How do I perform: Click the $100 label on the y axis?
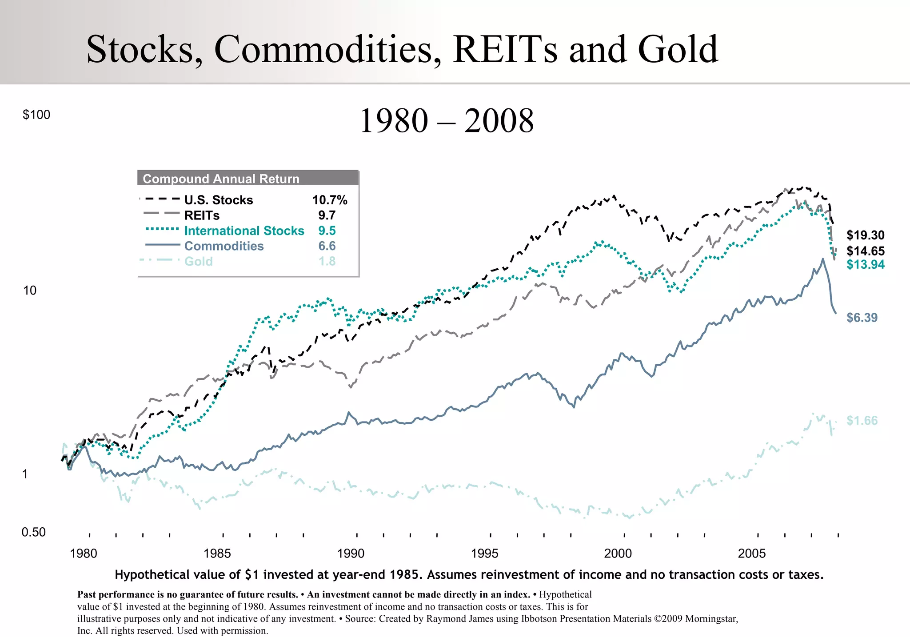point(36,115)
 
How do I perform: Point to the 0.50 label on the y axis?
point(33,532)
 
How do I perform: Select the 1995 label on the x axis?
point(484,553)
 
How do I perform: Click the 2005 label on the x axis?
point(752,553)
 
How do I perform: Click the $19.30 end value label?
point(865,235)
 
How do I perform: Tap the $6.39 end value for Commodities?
point(862,318)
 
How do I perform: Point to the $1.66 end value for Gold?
point(862,420)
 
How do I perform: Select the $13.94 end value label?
point(865,265)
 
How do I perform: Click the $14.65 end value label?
point(865,251)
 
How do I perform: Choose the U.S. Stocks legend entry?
point(218,200)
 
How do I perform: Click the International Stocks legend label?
point(244,231)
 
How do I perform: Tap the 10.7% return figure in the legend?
point(329,200)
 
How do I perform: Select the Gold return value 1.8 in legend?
point(327,261)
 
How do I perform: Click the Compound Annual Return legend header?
point(221,179)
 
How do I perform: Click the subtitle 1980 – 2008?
point(446,121)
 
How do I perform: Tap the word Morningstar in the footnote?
point(711,619)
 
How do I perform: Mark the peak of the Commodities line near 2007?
point(822,259)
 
